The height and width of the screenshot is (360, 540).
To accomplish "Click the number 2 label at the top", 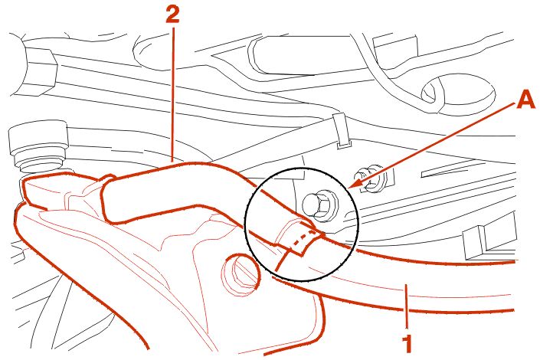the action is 172,15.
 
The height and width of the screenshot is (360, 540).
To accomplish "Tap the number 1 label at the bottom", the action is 407,343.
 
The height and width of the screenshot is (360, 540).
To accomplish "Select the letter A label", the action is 526,100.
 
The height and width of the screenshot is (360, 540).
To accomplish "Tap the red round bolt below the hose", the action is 241,274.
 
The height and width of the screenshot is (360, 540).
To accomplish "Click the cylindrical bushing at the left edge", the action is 38,146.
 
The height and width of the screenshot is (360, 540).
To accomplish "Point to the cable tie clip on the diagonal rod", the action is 341,131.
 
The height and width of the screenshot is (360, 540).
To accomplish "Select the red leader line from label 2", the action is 172,94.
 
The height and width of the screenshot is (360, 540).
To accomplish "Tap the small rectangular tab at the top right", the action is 396,48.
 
